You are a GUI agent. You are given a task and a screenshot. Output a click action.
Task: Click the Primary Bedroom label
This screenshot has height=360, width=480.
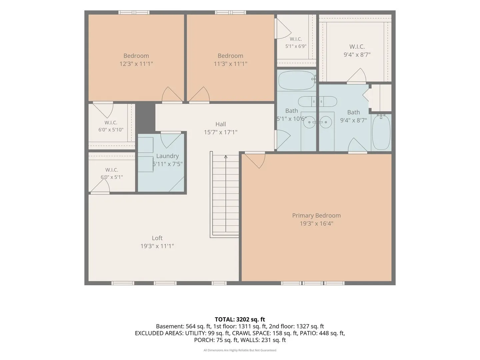coord(316,216)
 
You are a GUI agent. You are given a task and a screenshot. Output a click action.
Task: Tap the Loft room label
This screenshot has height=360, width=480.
coord(157,238)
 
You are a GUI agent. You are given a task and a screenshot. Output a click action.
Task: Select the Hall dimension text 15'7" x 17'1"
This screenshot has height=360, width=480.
coord(220,132)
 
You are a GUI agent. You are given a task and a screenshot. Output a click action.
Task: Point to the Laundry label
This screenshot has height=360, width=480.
coord(167,156)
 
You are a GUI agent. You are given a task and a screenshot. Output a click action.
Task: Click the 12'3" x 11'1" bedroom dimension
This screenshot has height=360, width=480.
coord(136,64)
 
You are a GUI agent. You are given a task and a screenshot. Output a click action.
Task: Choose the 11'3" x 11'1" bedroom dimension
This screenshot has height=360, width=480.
coord(230,64)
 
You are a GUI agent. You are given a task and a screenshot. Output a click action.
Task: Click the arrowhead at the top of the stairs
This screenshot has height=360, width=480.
coord(226,157)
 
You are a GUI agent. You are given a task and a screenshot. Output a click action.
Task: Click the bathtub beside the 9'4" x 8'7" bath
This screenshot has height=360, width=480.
coord(381,132)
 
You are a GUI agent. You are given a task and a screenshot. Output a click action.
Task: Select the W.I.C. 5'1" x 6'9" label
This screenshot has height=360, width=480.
coord(296,43)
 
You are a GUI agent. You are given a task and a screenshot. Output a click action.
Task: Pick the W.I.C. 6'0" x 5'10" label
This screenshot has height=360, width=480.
coord(111,126)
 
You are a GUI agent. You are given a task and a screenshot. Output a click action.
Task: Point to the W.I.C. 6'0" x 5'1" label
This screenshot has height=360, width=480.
coord(112,173)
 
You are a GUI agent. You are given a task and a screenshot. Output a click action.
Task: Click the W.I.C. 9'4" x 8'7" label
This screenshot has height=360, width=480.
coord(357,50)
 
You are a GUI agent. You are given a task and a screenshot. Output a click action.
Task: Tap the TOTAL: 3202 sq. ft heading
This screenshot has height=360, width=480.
coord(240,319)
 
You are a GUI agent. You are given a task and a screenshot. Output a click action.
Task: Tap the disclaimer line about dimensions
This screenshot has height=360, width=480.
coord(240,350)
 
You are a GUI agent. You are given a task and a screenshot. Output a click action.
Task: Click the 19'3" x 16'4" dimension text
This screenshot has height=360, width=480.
coord(316,224)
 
